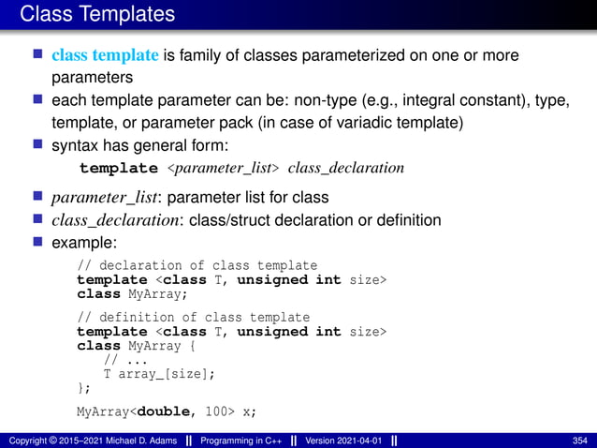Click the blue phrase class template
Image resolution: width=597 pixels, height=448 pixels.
point(106,56)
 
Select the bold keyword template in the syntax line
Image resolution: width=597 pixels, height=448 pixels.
point(119,169)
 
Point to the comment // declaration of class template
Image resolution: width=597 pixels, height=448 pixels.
point(197,265)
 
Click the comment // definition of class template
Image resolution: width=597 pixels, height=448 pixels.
point(193,317)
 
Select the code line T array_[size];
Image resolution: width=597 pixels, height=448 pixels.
point(158,373)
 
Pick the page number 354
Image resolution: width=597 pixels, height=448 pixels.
point(579,441)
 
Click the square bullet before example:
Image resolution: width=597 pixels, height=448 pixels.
point(38,244)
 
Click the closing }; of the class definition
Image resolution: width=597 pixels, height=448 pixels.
point(84,387)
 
